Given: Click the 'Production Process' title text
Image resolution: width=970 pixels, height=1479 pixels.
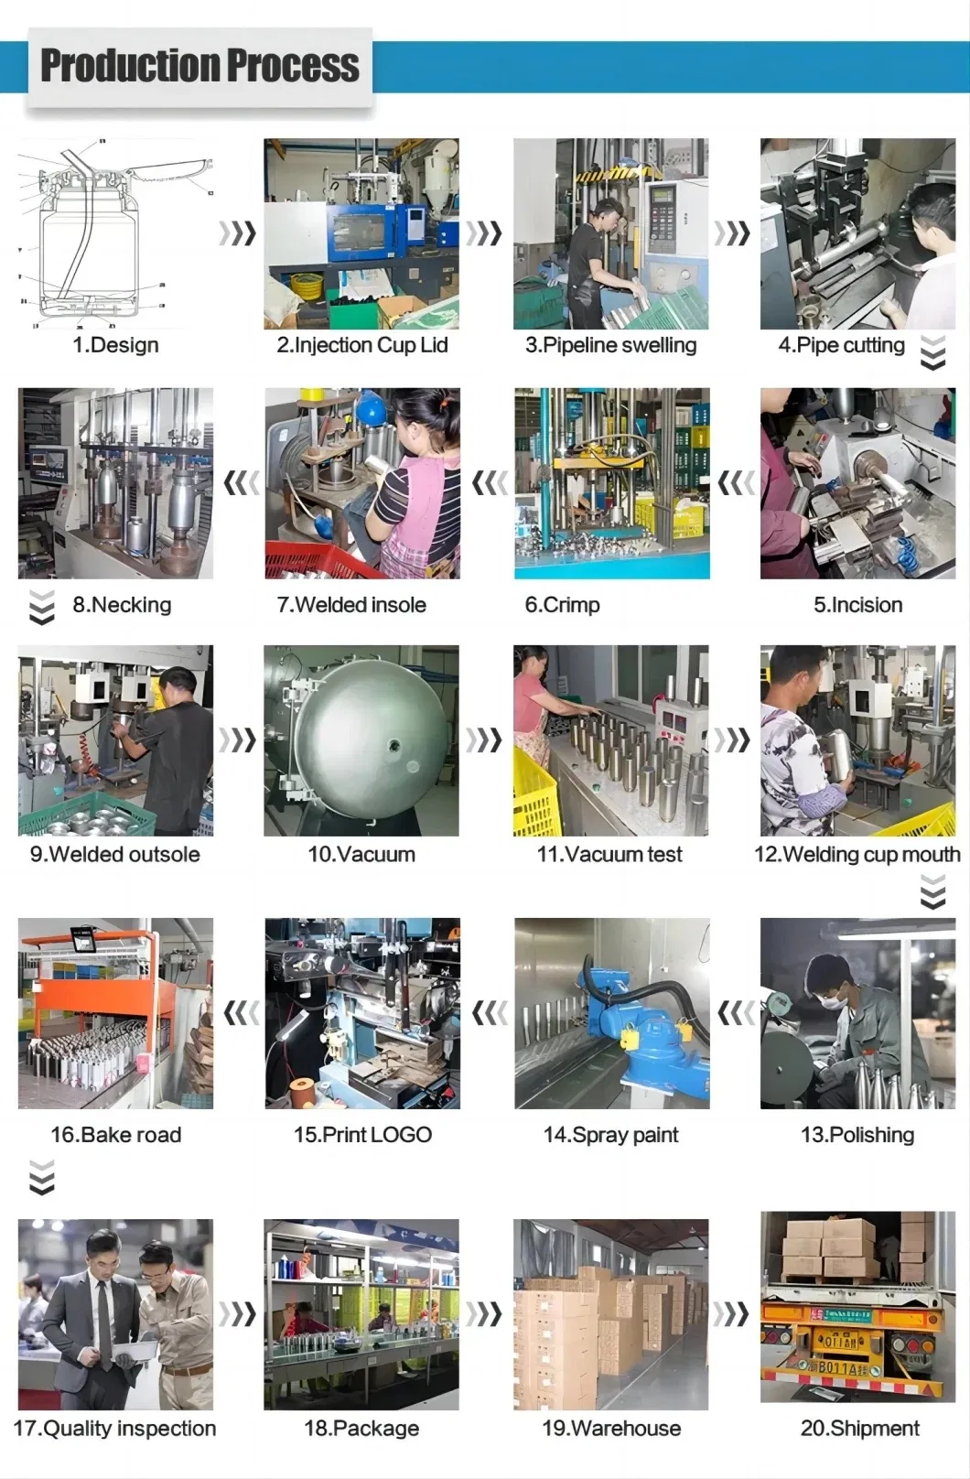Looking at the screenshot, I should coord(199,66).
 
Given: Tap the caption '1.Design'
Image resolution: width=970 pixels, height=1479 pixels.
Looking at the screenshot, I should coord(115,345).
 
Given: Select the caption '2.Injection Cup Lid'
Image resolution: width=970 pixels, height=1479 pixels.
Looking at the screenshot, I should coord(361,345).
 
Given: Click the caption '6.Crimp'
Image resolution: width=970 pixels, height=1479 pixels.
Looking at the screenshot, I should coord(562,605).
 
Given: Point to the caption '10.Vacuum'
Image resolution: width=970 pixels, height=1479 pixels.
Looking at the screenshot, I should coord(361,855).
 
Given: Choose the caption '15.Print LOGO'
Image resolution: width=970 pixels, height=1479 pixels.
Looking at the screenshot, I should coord(362,1135).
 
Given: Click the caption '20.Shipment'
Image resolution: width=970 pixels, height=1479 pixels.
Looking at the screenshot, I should coord(859,1429).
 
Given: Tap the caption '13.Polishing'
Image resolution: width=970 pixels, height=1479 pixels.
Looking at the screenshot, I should coord(857,1135).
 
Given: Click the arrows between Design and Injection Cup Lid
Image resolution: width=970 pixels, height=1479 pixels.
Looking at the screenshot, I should coord(238,233).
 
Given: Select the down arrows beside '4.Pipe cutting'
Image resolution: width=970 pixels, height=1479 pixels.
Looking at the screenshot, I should coord(932,352).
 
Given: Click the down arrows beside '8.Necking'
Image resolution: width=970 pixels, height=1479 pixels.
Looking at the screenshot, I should coord(41,608).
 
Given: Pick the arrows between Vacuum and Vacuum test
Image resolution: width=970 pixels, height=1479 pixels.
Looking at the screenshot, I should coord(485,739).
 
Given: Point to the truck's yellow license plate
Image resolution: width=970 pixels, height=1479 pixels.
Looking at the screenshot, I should coord(839,1341).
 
